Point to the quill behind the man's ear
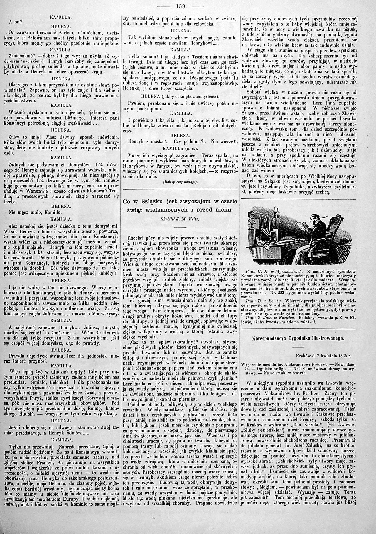320,214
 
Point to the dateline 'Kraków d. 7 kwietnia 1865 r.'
323,356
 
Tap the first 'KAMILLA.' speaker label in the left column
61,17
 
